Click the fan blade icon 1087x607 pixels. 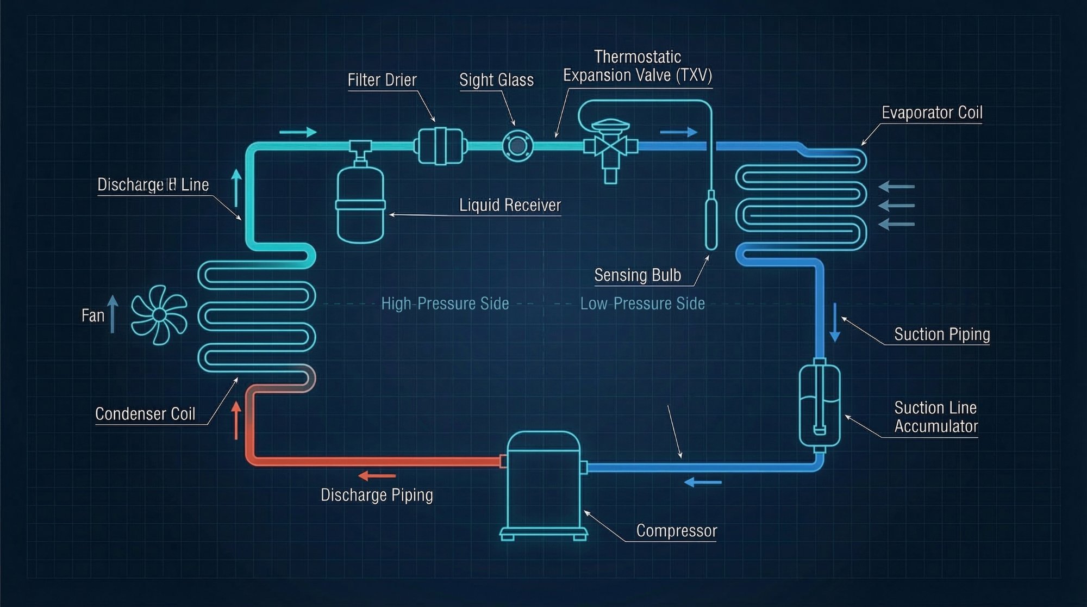159,314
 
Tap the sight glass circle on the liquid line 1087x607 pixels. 517,146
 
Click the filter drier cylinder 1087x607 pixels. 440,146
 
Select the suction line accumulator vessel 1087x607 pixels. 820,405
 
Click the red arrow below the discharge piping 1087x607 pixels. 377,476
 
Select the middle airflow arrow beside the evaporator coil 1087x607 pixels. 897,206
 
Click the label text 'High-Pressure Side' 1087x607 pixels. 445,303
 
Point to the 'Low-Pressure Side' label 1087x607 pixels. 642,303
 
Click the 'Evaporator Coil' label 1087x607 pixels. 932,113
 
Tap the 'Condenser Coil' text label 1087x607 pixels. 145,414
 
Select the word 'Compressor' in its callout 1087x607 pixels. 677,530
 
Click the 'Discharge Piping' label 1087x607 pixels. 377,495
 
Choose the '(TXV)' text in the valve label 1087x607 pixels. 694,75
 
